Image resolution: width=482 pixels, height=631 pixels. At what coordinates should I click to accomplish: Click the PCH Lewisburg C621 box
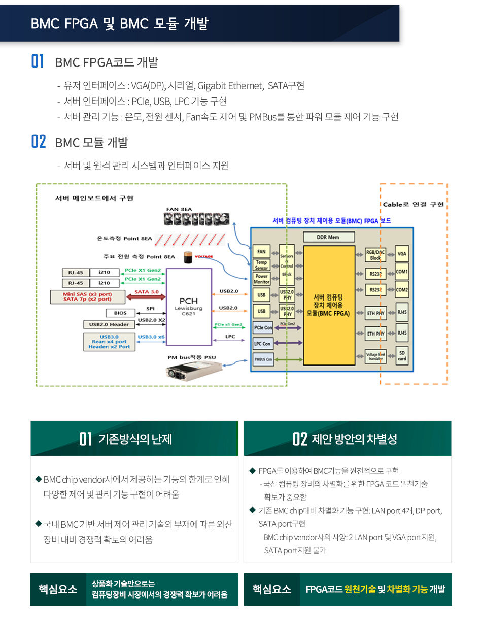click(x=189, y=307)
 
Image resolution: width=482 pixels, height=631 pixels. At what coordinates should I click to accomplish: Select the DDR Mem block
click(x=328, y=237)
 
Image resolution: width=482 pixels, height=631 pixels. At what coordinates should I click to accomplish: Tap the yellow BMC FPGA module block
click(x=328, y=305)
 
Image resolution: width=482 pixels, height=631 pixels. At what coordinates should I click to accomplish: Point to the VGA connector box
click(x=402, y=253)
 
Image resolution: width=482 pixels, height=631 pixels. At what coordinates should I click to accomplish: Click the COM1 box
click(x=402, y=272)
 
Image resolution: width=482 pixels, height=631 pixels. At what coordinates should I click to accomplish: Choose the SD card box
click(x=402, y=355)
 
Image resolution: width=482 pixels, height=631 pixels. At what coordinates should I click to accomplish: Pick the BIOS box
click(x=120, y=313)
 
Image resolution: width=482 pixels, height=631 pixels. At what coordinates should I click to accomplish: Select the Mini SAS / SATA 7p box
click(x=88, y=296)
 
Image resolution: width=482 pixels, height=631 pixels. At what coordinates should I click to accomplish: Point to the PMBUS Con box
click(x=263, y=360)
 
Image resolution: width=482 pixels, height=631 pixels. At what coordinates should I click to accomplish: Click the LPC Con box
click(x=262, y=344)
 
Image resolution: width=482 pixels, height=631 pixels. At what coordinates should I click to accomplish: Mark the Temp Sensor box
click(x=261, y=265)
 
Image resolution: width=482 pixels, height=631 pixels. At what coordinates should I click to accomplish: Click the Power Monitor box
click(x=261, y=279)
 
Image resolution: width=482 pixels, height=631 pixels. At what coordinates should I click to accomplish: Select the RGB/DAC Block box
click(x=375, y=255)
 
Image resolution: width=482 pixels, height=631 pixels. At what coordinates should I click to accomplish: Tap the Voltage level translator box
click(x=375, y=356)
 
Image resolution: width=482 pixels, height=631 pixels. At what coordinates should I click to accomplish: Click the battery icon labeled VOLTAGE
click(x=189, y=258)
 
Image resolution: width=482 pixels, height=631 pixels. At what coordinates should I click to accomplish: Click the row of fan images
click(x=196, y=219)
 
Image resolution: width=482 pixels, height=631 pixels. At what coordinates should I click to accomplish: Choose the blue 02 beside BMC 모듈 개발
click(x=39, y=142)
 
